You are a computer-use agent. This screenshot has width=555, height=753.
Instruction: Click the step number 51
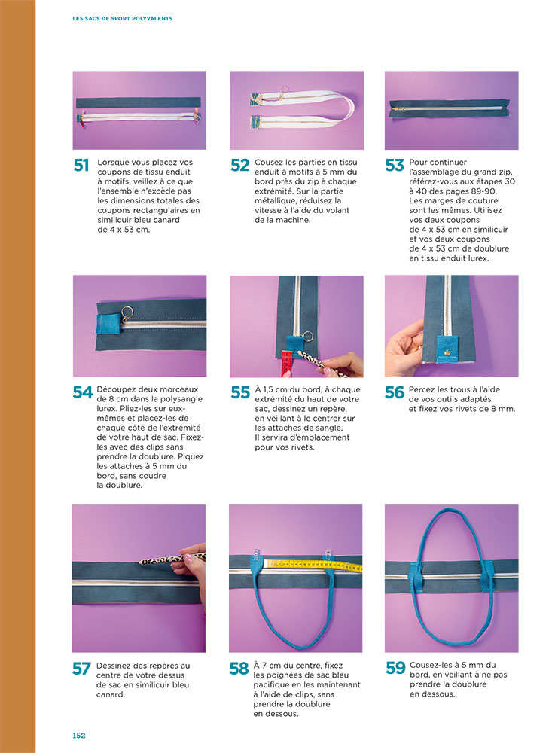coord(81,165)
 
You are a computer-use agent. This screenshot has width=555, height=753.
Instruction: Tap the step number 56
coord(394,392)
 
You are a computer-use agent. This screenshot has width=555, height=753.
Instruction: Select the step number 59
coord(395,667)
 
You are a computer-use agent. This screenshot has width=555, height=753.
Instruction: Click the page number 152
coord(79,735)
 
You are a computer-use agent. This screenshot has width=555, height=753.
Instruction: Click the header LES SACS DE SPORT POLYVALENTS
coord(123,18)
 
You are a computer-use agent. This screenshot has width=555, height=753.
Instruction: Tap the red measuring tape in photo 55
coord(287,364)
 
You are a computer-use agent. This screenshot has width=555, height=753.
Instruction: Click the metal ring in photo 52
coord(284,88)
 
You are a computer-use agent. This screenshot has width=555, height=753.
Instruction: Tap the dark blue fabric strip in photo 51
coord(139,102)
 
